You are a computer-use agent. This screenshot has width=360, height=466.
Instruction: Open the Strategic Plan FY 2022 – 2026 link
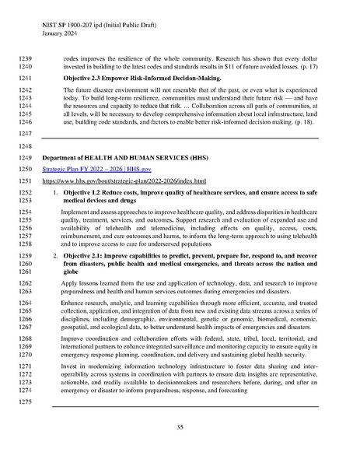[x=89, y=170]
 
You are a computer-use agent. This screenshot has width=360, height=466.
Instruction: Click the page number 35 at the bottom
[x=180, y=427]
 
